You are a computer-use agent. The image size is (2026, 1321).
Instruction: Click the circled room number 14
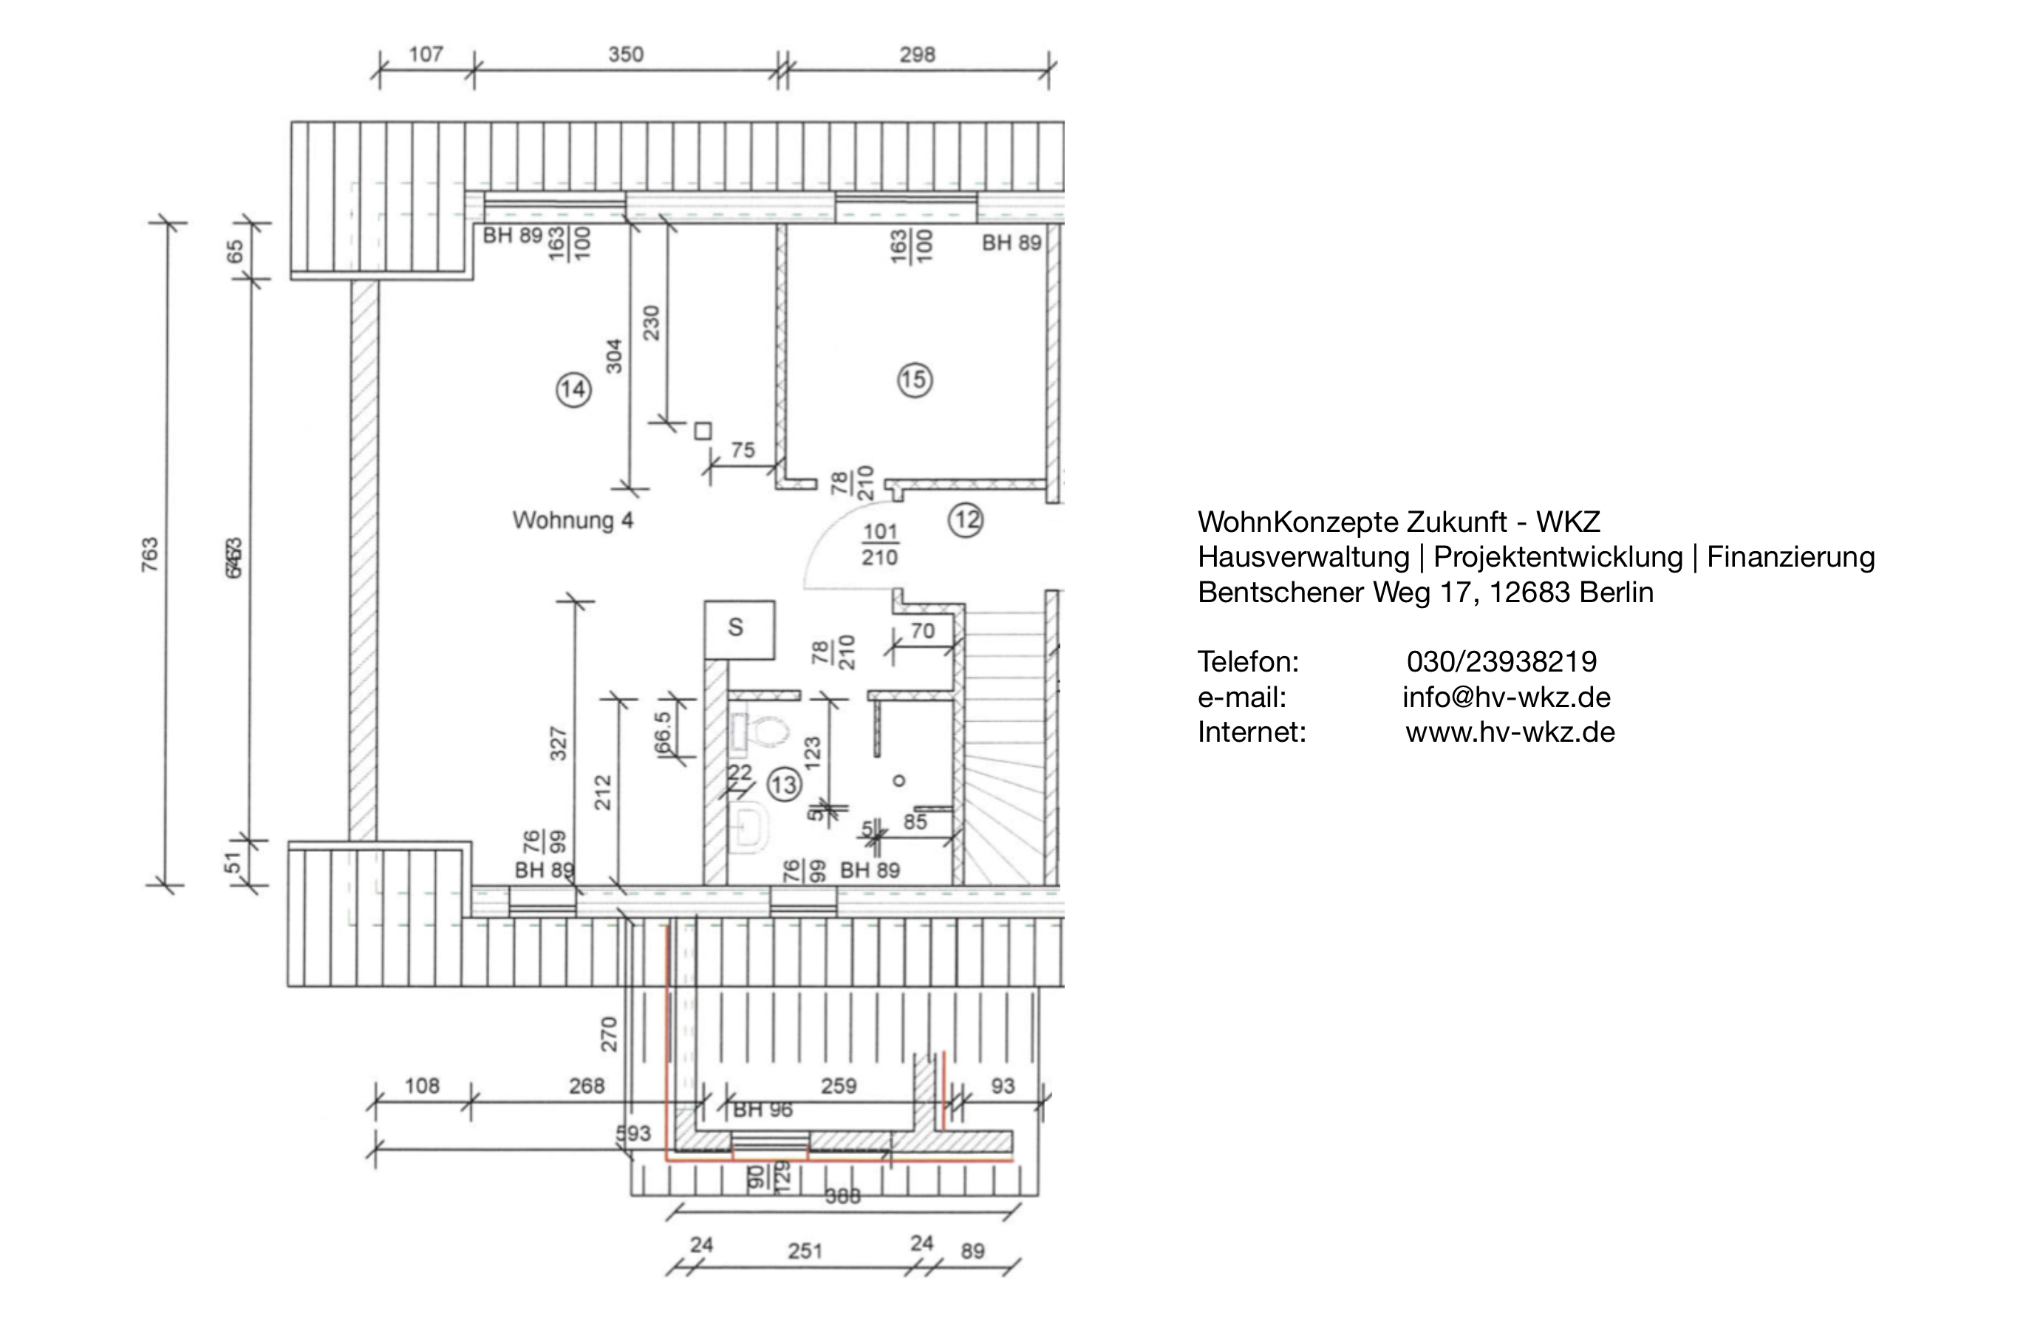pos(573,390)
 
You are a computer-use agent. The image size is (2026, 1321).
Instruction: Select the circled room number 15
pos(914,380)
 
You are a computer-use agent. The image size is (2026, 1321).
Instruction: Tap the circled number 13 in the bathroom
pos(784,784)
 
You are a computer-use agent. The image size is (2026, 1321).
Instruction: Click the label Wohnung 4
pos(572,520)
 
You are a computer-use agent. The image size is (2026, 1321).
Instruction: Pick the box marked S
pos(739,628)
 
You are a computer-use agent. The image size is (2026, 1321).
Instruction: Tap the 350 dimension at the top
pos(626,55)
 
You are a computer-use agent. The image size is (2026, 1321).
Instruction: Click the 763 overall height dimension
pos(150,554)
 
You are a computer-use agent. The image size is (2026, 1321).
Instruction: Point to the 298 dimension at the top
pos(917,55)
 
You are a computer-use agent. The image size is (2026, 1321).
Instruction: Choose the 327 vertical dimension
pos(558,743)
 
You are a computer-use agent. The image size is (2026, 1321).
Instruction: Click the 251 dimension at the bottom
pos(805,1250)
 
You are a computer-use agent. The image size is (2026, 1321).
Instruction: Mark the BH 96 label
pos(762,1110)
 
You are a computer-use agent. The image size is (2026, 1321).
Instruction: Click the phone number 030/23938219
pos(1501,661)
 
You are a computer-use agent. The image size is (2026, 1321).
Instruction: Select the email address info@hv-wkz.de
pos(1506,697)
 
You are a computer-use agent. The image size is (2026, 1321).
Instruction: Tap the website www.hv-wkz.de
pos(1510,732)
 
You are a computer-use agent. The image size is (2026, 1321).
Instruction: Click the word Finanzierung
pos(1790,556)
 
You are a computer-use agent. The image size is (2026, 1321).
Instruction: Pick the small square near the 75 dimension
pos(702,431)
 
